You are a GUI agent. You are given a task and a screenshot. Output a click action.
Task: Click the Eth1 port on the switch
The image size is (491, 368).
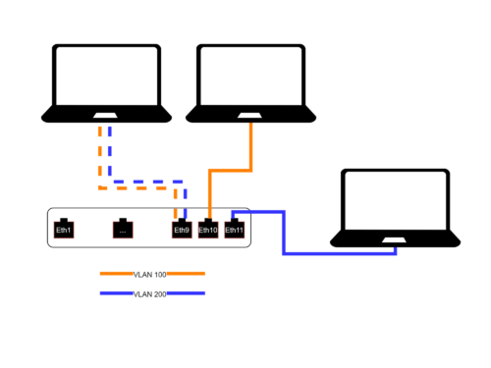pyautogui.click(x=64, y=229)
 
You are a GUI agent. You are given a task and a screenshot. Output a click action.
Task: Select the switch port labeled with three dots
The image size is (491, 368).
pyautogui.click(x=123, y=229)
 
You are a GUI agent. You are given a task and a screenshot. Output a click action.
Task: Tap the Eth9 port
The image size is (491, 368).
pyautogui.click(x=181, y=229)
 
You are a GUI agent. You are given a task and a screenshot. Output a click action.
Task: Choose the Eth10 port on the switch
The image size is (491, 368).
pyautogui.click(x=207, y=229)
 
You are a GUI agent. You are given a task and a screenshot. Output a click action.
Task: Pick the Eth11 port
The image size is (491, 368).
pyautogui.click(x=234, y=229)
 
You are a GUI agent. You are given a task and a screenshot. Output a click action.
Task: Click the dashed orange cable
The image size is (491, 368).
pyautogui.click(x=98, y=157)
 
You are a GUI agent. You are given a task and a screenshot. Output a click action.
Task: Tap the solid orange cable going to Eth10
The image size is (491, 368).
pyautogui.click(x=253, y=147)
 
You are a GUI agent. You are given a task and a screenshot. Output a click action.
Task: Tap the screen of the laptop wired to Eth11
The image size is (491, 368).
pyautogui.click(x=398, y=202)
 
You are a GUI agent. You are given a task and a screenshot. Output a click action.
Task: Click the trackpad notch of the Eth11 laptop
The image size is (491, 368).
pyautogui.click(x=397, y=239)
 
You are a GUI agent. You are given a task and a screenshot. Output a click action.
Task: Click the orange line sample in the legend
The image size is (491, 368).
pyautogui.click(x=116, y=274)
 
